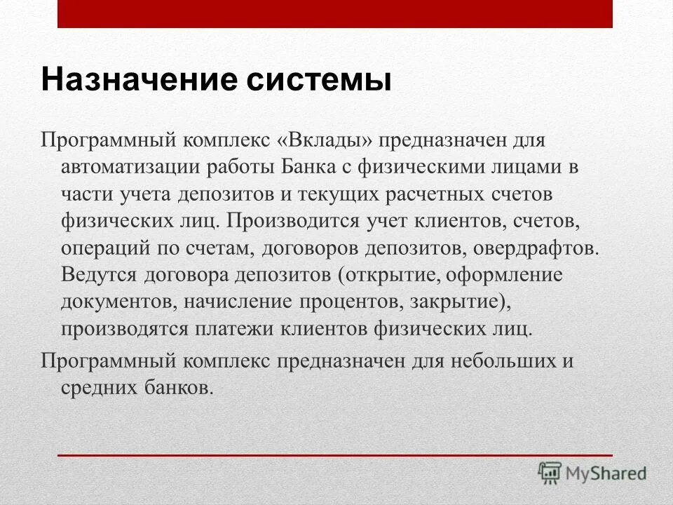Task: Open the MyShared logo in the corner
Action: pos(592,473)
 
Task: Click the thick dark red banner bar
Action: pos(335,14)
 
